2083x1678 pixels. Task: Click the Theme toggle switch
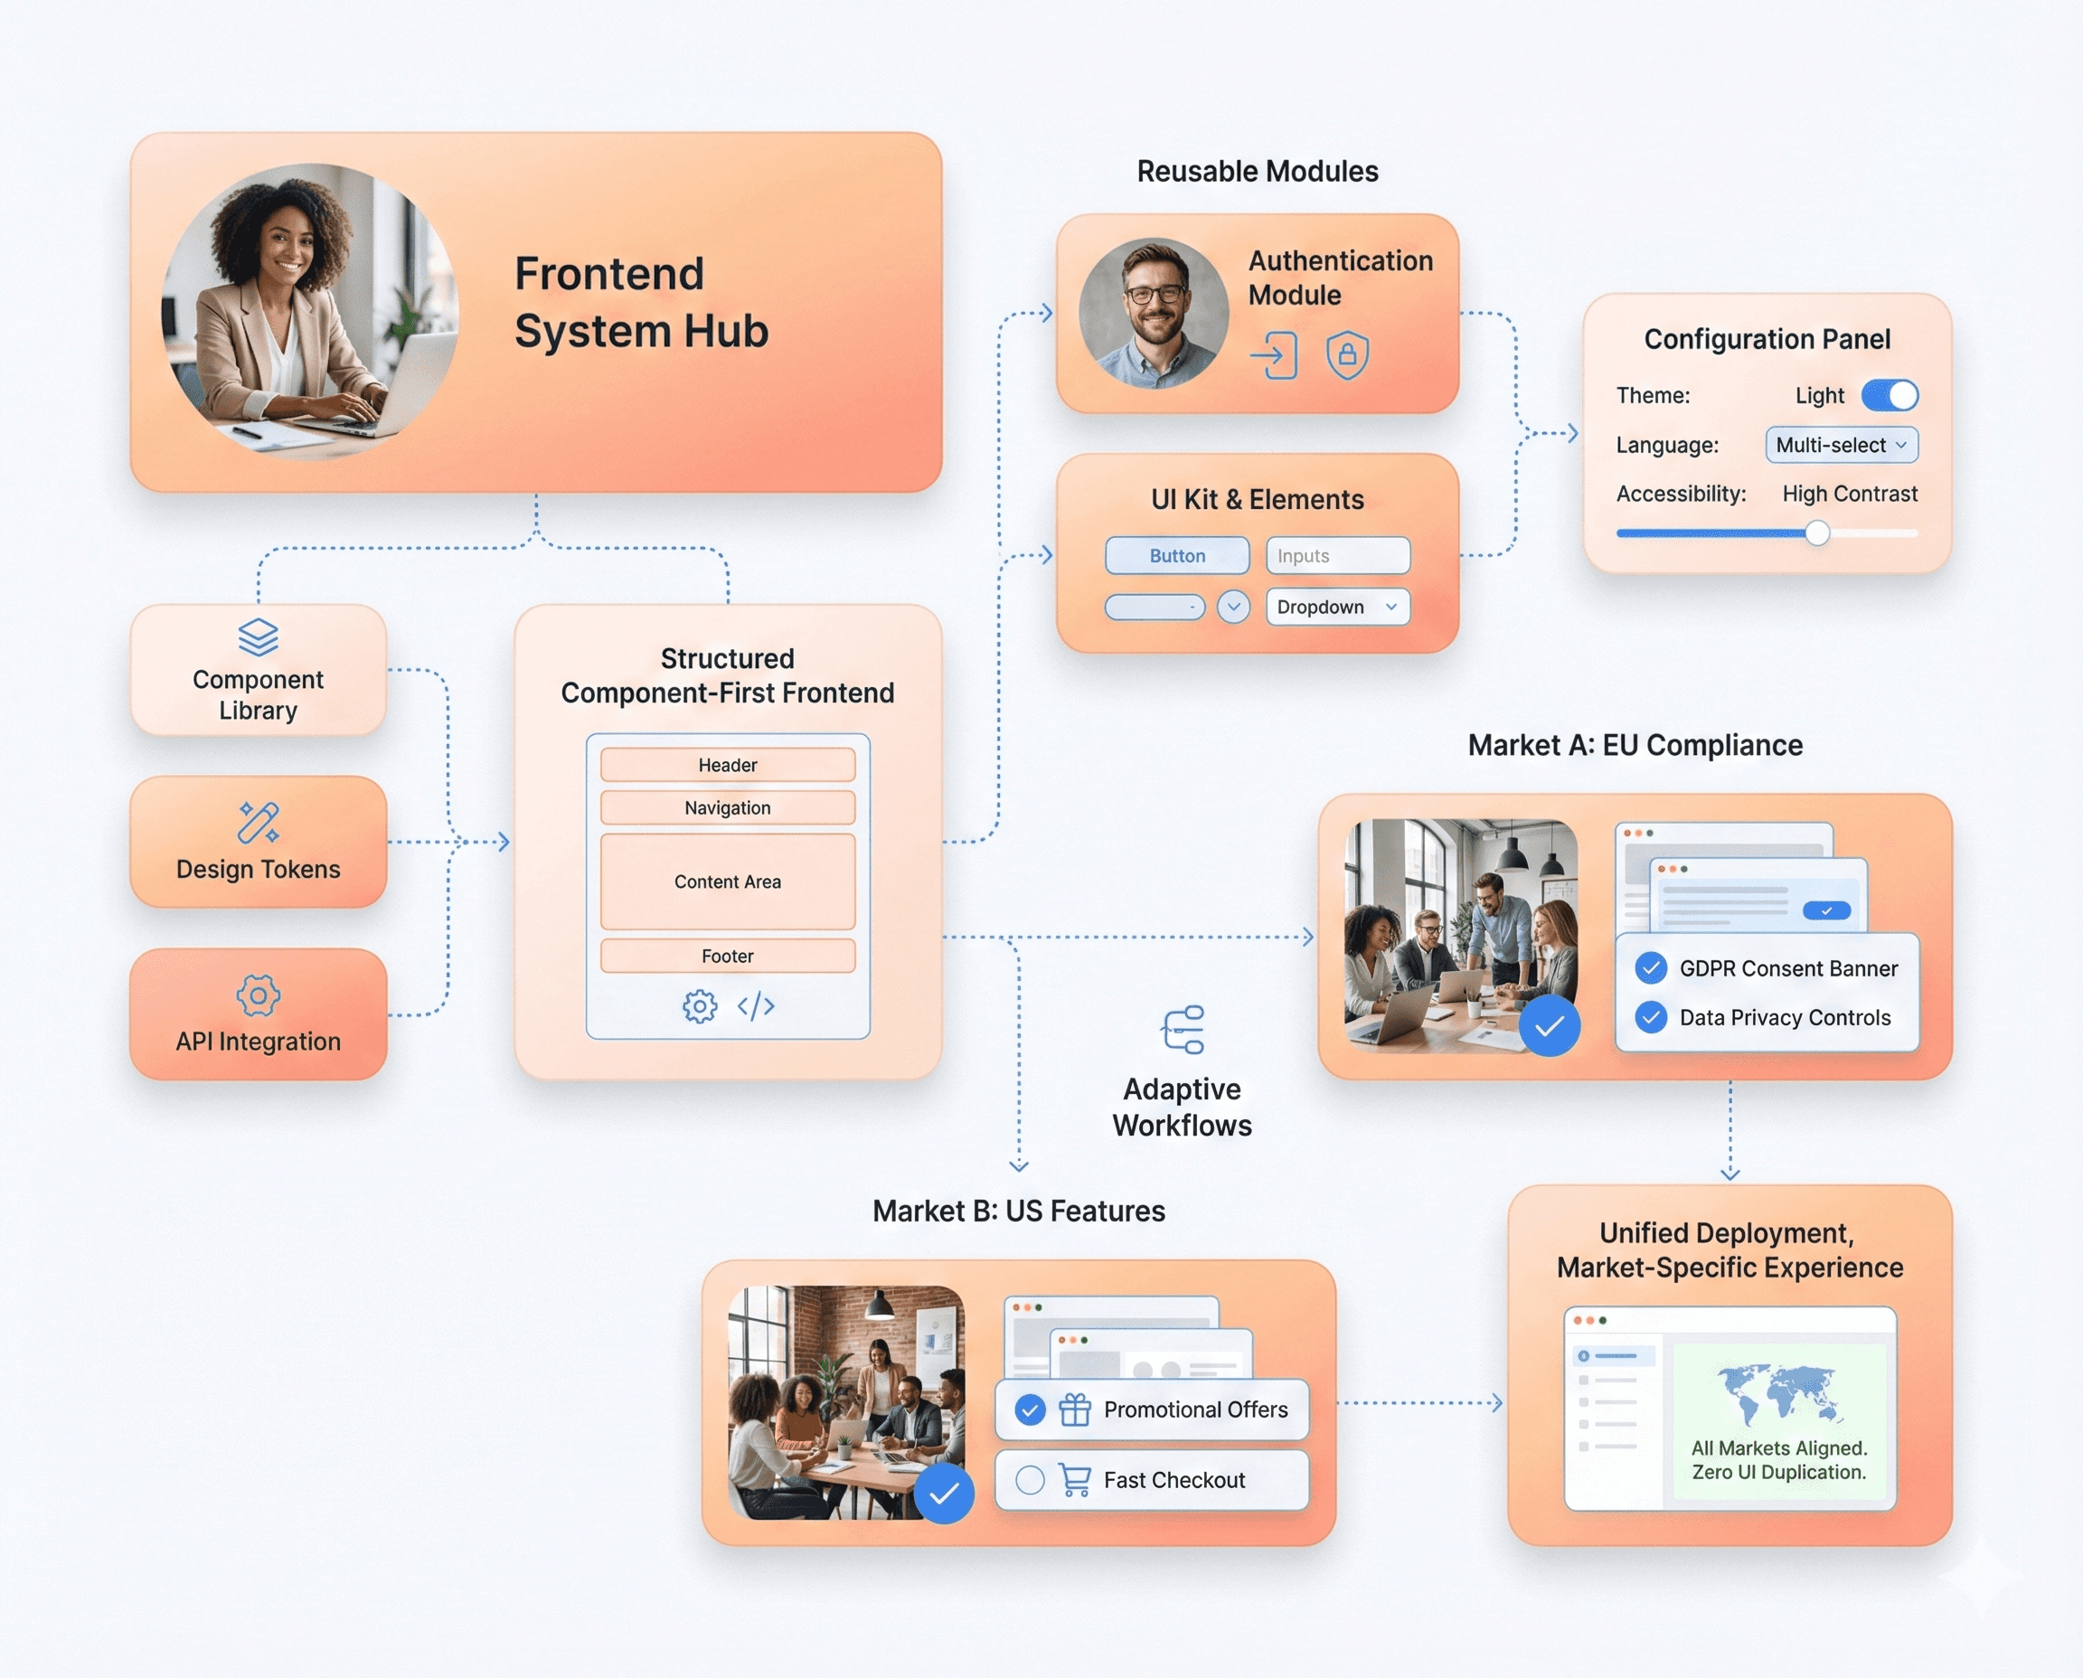click(x=1889, y=395)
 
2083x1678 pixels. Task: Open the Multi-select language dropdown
click(x=1841, y=445)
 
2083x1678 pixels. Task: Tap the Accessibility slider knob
click(x=1817, y=533)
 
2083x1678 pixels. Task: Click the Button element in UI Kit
click(x=1176, y=556)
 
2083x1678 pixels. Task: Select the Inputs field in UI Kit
click(x=1337, y=556)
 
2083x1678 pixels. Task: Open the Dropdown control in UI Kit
click(x=1337, y=607)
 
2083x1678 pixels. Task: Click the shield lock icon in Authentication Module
click(x=1347, y=354)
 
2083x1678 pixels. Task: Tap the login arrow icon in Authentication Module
click(x=1274, y=355)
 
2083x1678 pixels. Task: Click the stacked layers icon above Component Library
click(x=258, y=637)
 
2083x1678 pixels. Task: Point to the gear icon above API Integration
click(x=258, y=995)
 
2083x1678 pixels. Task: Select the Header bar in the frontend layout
click(x=727, y=765)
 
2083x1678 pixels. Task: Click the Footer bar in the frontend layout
click(x=727, y=956)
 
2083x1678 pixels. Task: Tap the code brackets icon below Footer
click(x=756, y=1006)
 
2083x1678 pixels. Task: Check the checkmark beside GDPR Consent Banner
click(x=1651, y=967)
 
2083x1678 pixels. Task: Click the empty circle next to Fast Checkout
click(x=1031, y=1480)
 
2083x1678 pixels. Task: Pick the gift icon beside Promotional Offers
click(x=1075, y=1409)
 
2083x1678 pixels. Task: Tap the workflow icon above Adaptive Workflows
click(x=1183, y=1030)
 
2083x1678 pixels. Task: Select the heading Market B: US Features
click(x=1019, y=1211)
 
